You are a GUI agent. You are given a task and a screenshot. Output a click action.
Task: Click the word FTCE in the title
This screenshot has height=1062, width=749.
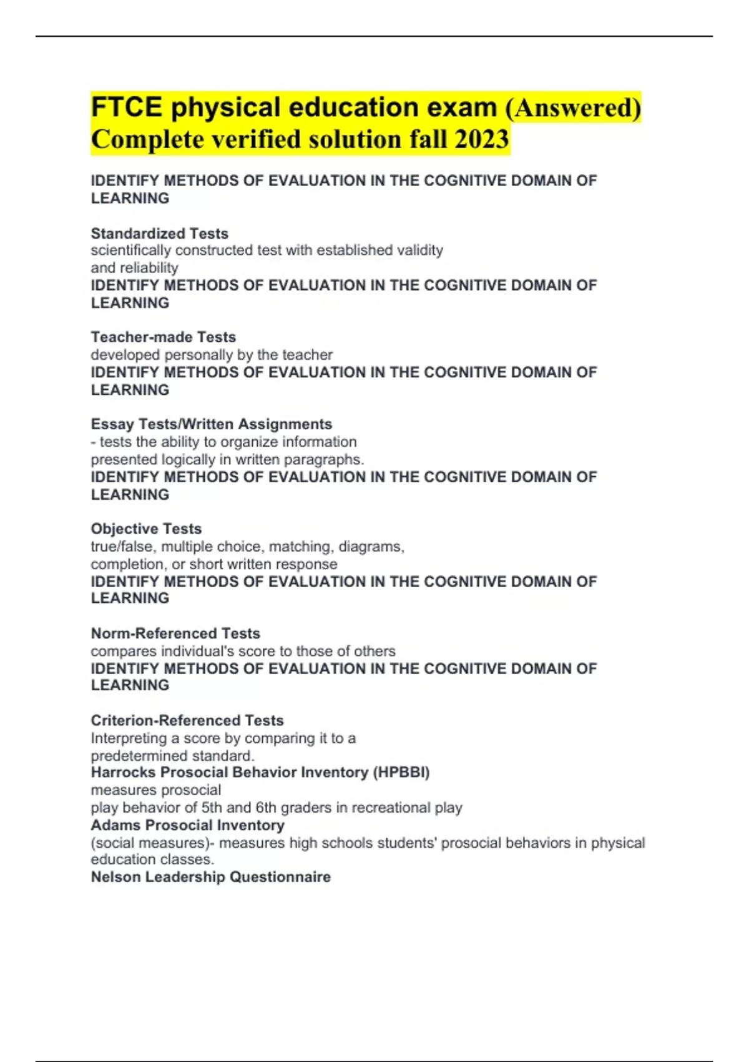(126, 107)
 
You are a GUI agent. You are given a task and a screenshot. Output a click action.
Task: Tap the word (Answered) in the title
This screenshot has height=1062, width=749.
(572, 107)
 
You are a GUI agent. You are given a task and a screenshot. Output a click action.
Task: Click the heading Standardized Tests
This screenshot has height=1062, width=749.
(159, 234)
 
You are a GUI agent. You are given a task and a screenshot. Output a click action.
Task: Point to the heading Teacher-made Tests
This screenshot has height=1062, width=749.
(163, 337)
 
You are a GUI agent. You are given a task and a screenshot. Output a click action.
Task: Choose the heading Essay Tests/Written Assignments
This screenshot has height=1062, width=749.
(211, 424)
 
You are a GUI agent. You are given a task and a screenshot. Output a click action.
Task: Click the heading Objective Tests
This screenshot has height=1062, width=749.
(146, 529)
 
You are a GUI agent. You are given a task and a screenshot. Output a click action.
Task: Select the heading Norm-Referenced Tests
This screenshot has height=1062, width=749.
(175, 633)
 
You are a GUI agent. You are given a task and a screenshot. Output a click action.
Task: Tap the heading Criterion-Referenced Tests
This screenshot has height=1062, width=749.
(187, 720)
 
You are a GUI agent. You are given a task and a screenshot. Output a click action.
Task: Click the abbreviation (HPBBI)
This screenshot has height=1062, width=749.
(401, 773)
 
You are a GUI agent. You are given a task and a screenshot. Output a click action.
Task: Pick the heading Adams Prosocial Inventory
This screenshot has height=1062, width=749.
(187, 825)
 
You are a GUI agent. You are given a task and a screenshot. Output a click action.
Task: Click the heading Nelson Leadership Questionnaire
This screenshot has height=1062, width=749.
(210, 877)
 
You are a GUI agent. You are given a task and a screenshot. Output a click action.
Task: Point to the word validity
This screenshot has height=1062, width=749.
(420, 251)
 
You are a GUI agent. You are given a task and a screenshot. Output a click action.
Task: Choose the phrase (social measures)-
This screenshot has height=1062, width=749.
(152, 843)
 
